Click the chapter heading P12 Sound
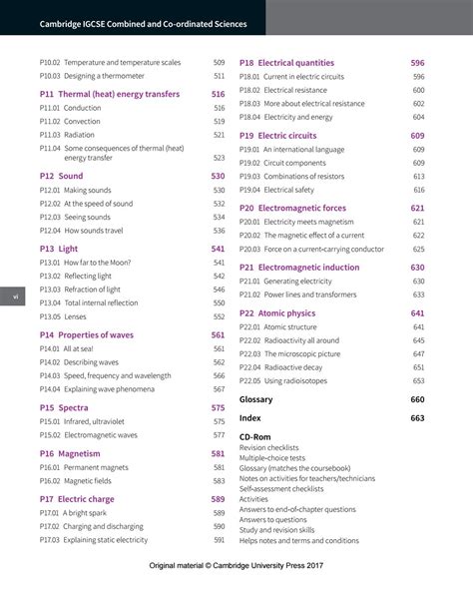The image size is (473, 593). (61, 176)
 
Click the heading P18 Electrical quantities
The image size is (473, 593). (286, 63)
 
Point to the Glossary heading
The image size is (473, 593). (255, 399)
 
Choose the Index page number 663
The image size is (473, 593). (417, 418)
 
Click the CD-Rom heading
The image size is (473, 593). (254, 437)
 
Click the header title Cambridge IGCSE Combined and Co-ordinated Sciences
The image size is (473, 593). (145, 23)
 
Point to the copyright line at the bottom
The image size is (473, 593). (236, 566)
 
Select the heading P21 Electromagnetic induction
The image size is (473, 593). (299, 268)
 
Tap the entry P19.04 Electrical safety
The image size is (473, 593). (276, 190)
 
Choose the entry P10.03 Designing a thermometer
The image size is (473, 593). (92, 76)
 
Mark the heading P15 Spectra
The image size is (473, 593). (64, 408)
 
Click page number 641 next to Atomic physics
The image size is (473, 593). (417, 313)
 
